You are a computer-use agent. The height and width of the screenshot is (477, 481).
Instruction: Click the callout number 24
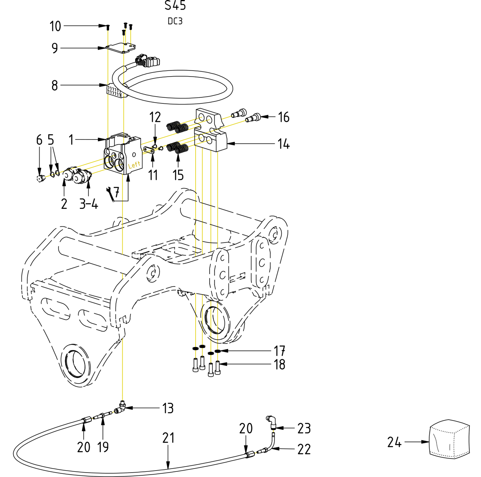(x=394, y=442)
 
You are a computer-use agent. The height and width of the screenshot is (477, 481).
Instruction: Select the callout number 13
(x=168, y=408)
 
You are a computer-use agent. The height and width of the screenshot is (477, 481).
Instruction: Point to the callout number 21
(x=168, y=438)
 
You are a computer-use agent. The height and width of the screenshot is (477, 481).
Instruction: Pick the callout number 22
(x=304, y=449)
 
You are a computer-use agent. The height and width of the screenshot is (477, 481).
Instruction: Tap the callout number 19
(x=103, y=447)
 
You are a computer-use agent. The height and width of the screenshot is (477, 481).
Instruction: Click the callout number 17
(x=279, y=351)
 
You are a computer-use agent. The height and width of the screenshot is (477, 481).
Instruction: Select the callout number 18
(x=279, y=364)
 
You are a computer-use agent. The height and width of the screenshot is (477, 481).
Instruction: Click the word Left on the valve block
(x=134, y=165)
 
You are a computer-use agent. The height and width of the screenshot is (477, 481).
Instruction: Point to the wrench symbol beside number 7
(x=108, y=193)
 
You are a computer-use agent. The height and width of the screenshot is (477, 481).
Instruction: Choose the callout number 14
(x=283, y=144)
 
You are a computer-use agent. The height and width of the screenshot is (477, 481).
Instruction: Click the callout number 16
(x=283, y=117)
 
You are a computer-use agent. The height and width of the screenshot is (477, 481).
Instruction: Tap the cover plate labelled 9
(x=120, y=48)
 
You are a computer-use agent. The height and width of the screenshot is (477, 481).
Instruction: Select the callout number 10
(x=55, y=26)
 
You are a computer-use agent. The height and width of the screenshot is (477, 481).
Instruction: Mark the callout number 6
(x=39, y=140)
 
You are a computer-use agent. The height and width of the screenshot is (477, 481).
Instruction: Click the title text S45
(x=175, y=6)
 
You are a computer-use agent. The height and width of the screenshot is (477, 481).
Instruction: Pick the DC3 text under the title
(x=175, y=21)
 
